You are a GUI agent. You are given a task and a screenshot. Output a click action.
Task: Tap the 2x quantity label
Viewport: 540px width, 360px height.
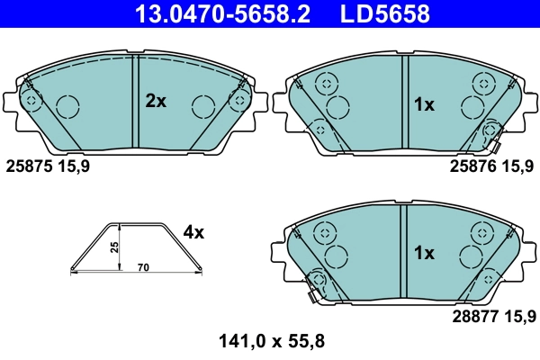point(156,102)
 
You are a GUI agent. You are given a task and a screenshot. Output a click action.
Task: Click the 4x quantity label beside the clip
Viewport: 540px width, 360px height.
point(193,232)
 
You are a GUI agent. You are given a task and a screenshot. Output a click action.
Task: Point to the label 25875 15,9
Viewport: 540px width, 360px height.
point(48,166)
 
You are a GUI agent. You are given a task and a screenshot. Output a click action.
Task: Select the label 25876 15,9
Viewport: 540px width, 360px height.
point(491,166)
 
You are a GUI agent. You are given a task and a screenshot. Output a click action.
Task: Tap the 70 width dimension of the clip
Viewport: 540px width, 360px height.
point(143,268)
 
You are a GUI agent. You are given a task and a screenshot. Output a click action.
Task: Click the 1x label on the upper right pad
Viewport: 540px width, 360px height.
point(423,104)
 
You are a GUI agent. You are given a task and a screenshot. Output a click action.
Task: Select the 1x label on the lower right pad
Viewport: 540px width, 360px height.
point(423,254)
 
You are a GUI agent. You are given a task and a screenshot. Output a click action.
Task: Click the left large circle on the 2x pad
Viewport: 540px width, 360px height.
point(68,107)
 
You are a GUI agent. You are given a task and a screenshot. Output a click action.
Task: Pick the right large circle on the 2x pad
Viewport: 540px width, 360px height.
point(202,107)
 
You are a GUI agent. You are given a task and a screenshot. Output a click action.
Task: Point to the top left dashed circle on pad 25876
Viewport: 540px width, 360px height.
point(325,83)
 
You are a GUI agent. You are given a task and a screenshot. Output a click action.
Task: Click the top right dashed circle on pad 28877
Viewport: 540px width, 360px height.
point(480,232)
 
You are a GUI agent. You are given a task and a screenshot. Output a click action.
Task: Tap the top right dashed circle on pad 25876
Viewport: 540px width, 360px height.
point(480,83)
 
